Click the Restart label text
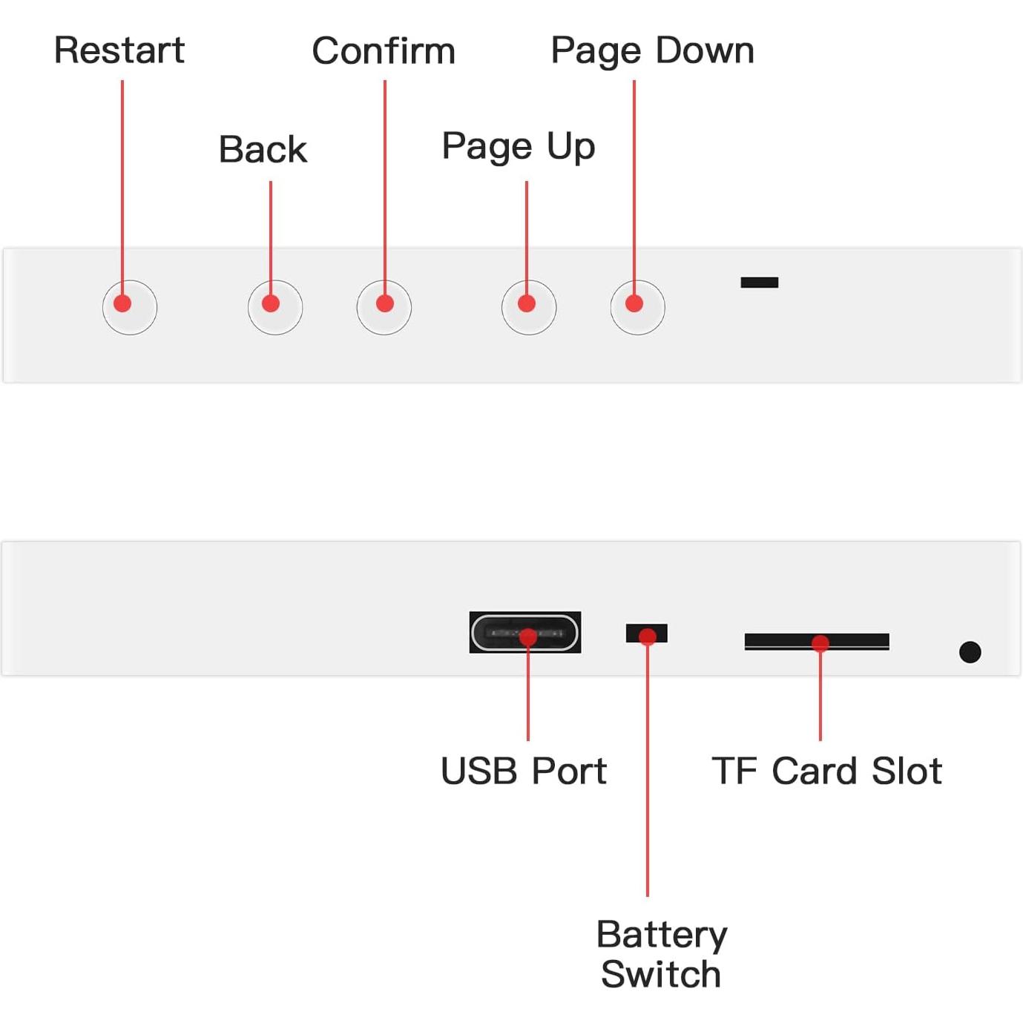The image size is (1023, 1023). pyautogui.click(x=119, y=50)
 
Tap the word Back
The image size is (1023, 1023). pyautogui.click(x=263, y=149)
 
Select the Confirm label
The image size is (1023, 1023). pyautogui.click(x=384, y=51)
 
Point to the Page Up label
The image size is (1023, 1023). pyautogui.click(x=519, y=146)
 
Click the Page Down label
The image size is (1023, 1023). pyautogui.click(x=652, y=51)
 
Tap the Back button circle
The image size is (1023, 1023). pyautogui.click(x=275, y=307)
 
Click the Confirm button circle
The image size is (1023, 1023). pyautogui.click(x=384, y=307)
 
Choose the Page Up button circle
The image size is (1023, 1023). pyautogui.click(x=529, y=307)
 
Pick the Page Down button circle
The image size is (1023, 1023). pyautogui.click(x=637, y=307)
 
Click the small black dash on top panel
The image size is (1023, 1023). pyautogui.click(x=760, y=282)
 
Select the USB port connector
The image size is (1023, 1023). pyautogui.click(x=525, y=633)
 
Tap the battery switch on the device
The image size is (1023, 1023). pyautogui.click(x=647, y=633)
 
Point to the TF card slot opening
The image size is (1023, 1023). pyautogui.click(x=817, y=641)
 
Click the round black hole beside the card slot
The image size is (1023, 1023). pyautogui.click(x=970, y=652)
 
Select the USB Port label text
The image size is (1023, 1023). pyautogui.click(x=524, y=771)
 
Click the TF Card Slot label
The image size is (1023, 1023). pyautogui.click(x=827, y=771)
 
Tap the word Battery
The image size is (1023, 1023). pyautogui.click(x=662, y=935)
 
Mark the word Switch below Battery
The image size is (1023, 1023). pyautogui.click(x=661, y=974)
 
